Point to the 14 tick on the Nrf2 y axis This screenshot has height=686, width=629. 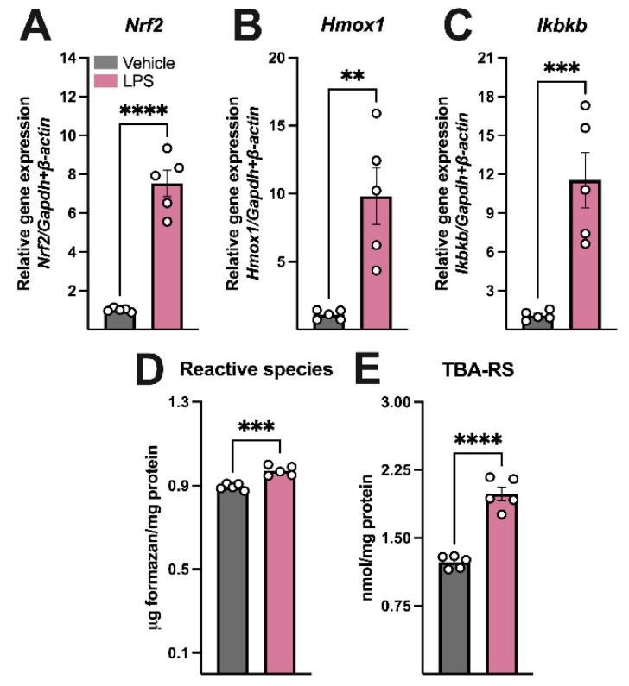pyautogui.click(x=73, y=58)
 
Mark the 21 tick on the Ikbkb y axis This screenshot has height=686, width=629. pyautogui.click(x=504, y=58)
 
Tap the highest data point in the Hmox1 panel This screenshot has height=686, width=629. pyautogui.click(x=376, y=114)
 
